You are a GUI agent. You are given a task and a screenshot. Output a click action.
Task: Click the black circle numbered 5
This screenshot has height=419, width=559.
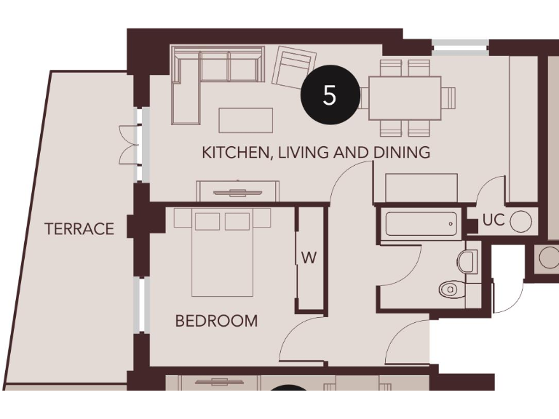pos(330,95)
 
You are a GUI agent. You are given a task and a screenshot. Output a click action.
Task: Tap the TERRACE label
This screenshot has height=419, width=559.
pos(79,229)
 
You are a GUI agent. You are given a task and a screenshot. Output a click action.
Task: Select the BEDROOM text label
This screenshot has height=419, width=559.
pos(216,321)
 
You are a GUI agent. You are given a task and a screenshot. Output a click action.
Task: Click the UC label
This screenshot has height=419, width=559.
pos(493,220)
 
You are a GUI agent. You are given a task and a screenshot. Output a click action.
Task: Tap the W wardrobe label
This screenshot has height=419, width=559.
pos(309,258)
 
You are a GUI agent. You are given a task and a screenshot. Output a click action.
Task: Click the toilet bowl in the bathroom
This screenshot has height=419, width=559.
pos(452,290)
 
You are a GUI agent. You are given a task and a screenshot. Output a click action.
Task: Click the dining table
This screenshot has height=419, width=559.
pos(405,97)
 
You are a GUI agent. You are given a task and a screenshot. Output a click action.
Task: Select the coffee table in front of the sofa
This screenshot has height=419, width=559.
pos(245,120)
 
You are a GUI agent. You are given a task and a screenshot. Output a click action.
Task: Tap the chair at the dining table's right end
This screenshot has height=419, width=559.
pos(449,97)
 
